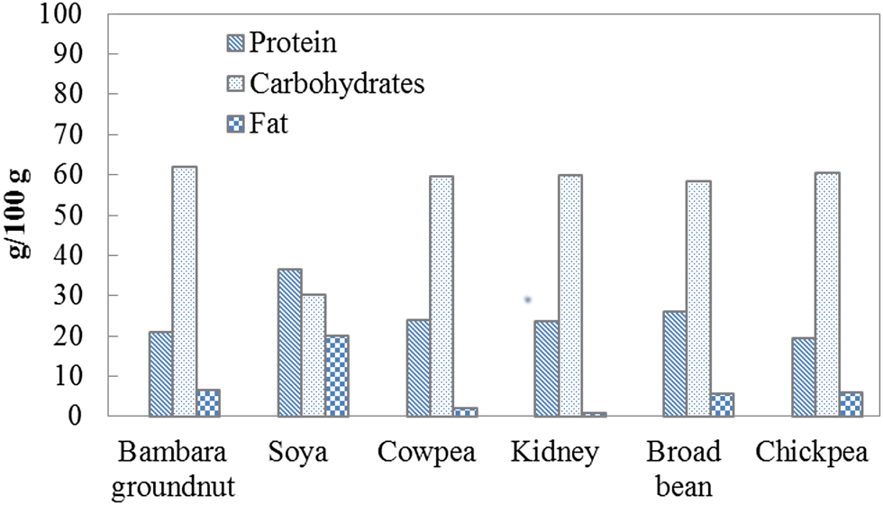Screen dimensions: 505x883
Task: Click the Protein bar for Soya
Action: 289,343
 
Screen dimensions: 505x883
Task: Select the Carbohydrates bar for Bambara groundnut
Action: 184,291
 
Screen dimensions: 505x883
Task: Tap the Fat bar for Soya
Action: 336,376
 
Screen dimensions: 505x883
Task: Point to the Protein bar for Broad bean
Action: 674,363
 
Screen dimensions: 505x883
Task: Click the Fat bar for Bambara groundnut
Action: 208,403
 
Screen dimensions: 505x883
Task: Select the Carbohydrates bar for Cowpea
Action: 441,296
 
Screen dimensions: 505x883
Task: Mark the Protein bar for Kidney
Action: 546,369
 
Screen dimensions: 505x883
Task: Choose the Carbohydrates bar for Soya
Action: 313,355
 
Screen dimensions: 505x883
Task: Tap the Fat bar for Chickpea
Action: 850,404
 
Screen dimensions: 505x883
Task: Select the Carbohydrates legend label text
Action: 337,83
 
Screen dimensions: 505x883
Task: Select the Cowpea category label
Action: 424,451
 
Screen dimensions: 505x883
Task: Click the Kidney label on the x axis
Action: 553,451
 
